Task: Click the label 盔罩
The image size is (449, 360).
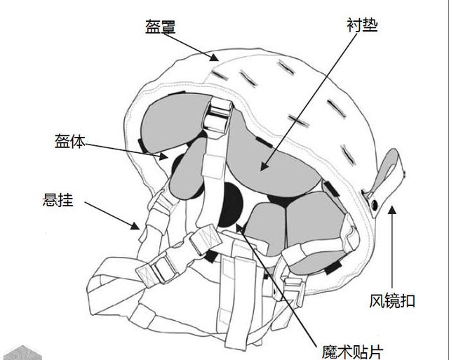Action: click(161, 27)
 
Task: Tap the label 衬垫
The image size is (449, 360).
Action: click(362, 25)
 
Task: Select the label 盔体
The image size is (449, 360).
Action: click(70, 141)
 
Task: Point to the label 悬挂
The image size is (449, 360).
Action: click(58, 199)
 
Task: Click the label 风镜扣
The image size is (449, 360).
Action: click(392, 301)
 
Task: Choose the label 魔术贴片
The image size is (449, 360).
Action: click(352, 352)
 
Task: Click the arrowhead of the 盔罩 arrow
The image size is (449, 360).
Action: click(214, 58)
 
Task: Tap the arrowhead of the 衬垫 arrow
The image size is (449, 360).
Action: click(264, 166)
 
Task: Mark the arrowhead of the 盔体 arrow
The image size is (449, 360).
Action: click(163, 156)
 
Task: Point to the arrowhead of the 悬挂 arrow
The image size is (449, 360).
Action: click(135, 226)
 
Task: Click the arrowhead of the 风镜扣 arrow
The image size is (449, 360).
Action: click(392, 211)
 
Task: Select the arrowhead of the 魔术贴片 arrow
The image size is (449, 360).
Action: click(239, 228)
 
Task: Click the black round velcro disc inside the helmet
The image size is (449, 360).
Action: click(230, 205)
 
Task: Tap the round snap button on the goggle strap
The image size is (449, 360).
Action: click(375, 204)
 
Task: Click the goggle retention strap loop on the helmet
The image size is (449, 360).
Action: click(384, 180)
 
